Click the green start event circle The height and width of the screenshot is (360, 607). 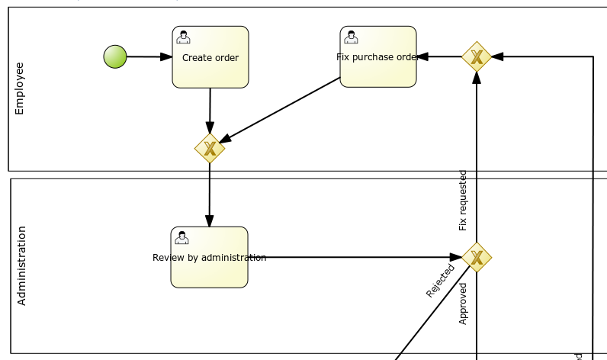(x=115, y=56)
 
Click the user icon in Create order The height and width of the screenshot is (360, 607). (x=183, y=37)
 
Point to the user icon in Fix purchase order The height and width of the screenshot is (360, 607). (x=351, y=37)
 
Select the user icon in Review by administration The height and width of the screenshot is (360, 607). (x=181, y=238)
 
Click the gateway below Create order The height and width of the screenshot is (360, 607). (x=210, y=149)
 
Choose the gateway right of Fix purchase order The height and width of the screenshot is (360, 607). (x=477, y=56)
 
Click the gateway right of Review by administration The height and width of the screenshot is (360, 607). (x=477, y=257)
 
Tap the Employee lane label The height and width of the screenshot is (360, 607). (x=20, y=88)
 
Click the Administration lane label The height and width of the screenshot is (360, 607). (x=21, y=265)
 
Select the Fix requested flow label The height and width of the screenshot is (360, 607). (x=463, y=200)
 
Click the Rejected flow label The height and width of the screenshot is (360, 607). (x=440, y=281)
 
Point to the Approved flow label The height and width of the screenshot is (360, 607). (x=463, y=304)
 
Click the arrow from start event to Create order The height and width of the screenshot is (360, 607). (x=149, y=56)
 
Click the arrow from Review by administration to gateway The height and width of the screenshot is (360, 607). (x=355, y=257)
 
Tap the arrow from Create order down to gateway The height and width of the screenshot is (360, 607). (x=210, y=111)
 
